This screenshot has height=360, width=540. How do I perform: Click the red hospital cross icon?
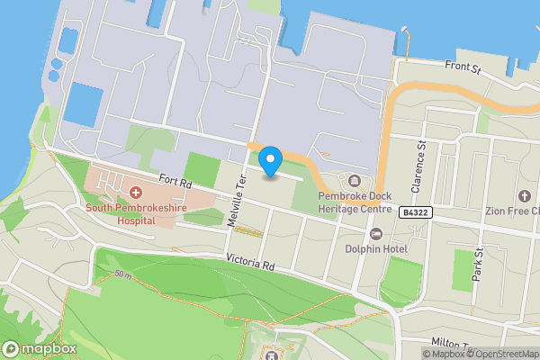coord(136,192)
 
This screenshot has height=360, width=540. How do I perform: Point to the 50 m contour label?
coord(121,274)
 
